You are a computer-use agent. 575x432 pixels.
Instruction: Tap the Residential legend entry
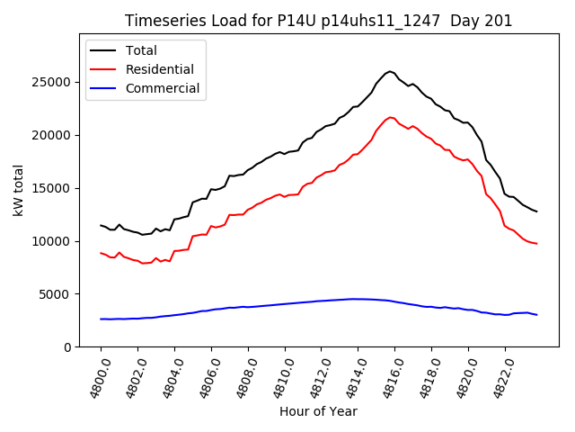coord(159,69)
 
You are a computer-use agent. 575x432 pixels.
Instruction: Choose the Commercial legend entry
coord(163,88)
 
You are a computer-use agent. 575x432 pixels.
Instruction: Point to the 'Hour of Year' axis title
coord(318,411)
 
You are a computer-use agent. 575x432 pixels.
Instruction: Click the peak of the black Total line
coord(391,71)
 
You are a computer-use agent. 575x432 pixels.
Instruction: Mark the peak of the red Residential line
coord(391,117)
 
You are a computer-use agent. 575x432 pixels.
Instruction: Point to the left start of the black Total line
coord(101,225)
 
